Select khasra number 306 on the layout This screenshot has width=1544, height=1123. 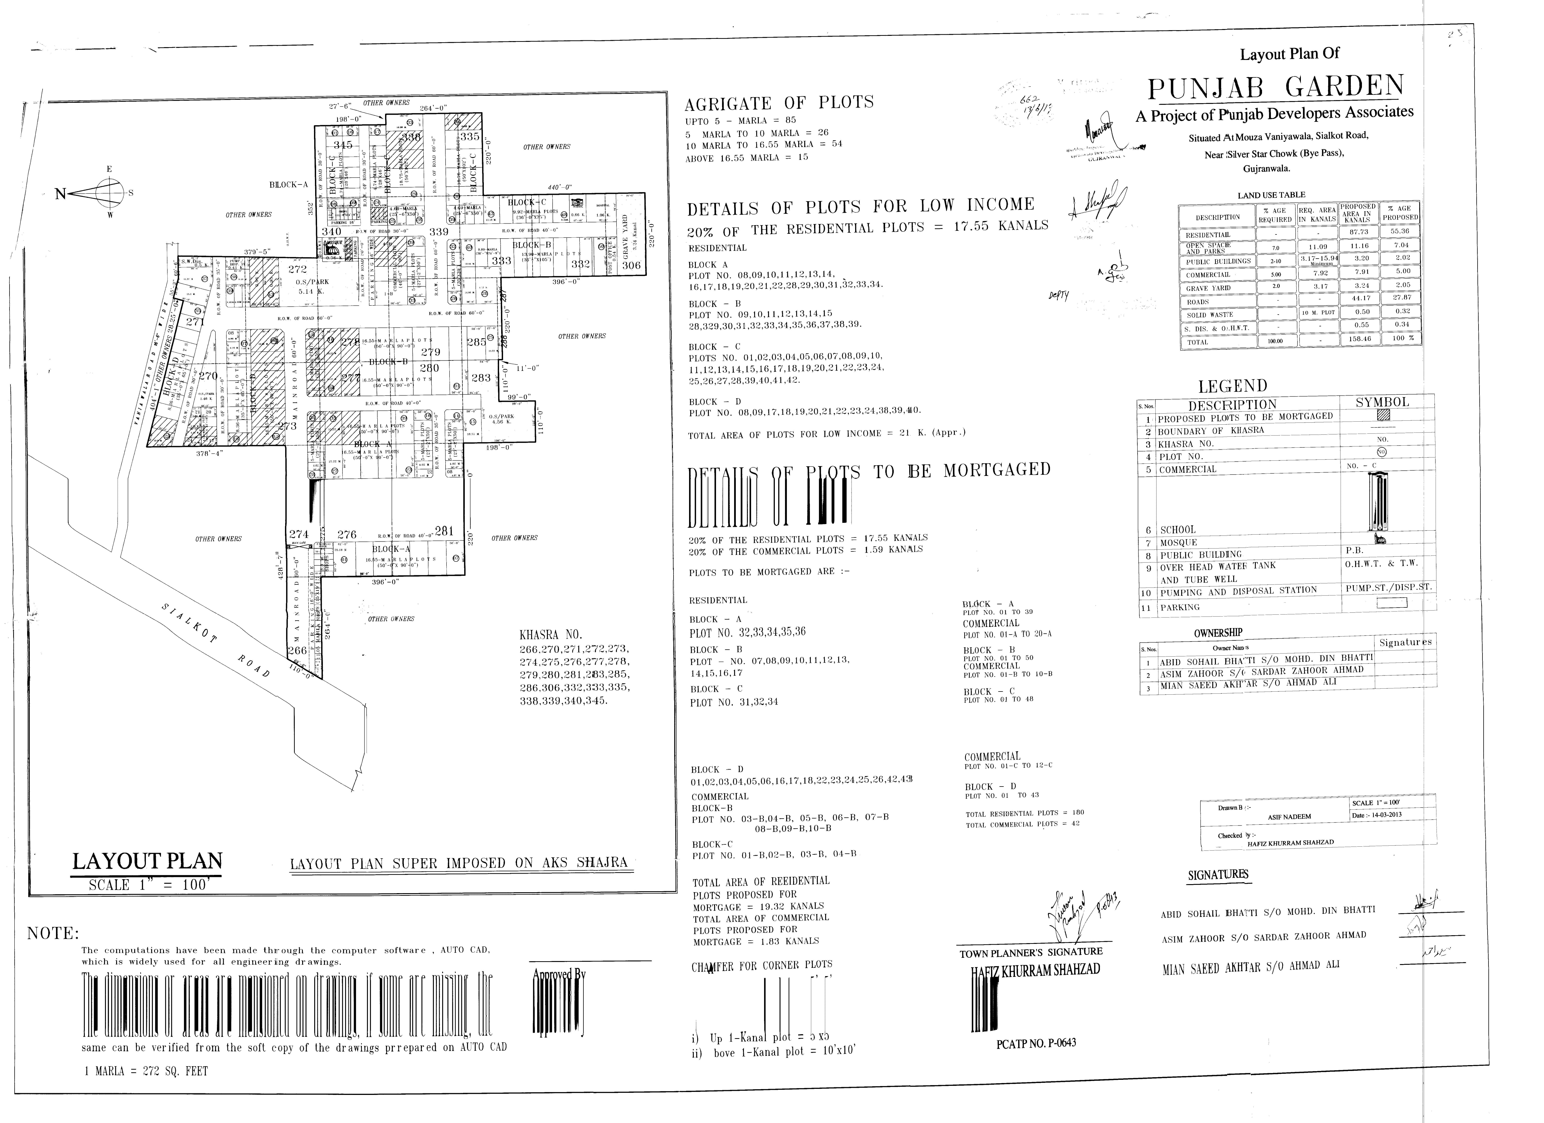631,265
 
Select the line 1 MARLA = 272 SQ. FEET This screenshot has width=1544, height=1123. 146,1071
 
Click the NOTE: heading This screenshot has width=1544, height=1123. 53,933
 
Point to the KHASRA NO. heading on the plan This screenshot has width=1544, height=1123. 551,635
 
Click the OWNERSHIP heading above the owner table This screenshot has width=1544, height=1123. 1218,633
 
